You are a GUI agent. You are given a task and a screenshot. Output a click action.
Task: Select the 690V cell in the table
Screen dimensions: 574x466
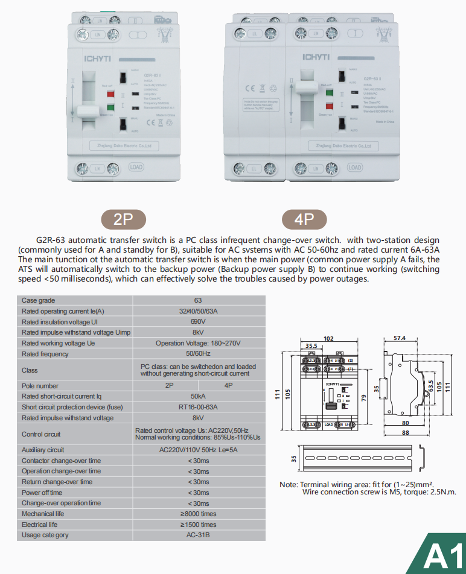pos(198,322)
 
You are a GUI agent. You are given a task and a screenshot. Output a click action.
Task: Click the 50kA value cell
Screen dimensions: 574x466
pos(198,396)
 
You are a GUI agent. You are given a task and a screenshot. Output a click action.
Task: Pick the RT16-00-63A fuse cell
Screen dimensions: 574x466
pos(198,407)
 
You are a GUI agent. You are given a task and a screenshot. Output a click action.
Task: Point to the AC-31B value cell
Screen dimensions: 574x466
pos(198,535)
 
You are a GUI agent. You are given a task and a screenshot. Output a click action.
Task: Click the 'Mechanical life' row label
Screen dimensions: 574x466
pos(43,514)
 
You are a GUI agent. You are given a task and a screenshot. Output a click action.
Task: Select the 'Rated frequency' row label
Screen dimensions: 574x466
pos(45,354)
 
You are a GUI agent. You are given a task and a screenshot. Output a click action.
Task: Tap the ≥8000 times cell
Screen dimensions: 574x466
pos(198,514)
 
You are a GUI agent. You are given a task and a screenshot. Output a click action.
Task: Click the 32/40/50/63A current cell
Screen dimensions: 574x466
pos(198,311)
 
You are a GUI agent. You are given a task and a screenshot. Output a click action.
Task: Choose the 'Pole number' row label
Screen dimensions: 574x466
pos(40,386)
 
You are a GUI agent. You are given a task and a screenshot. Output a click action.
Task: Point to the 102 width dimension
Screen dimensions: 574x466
pos(328,339)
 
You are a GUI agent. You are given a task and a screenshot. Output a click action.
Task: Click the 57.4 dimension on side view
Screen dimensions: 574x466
pos(399,339)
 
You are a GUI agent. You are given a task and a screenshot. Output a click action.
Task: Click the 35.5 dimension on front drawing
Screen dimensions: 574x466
pos(311,346)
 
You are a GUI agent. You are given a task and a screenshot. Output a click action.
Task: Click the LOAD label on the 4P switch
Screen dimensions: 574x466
pos(355,167)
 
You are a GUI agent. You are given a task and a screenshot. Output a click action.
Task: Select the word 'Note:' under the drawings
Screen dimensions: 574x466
pos(289,485)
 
